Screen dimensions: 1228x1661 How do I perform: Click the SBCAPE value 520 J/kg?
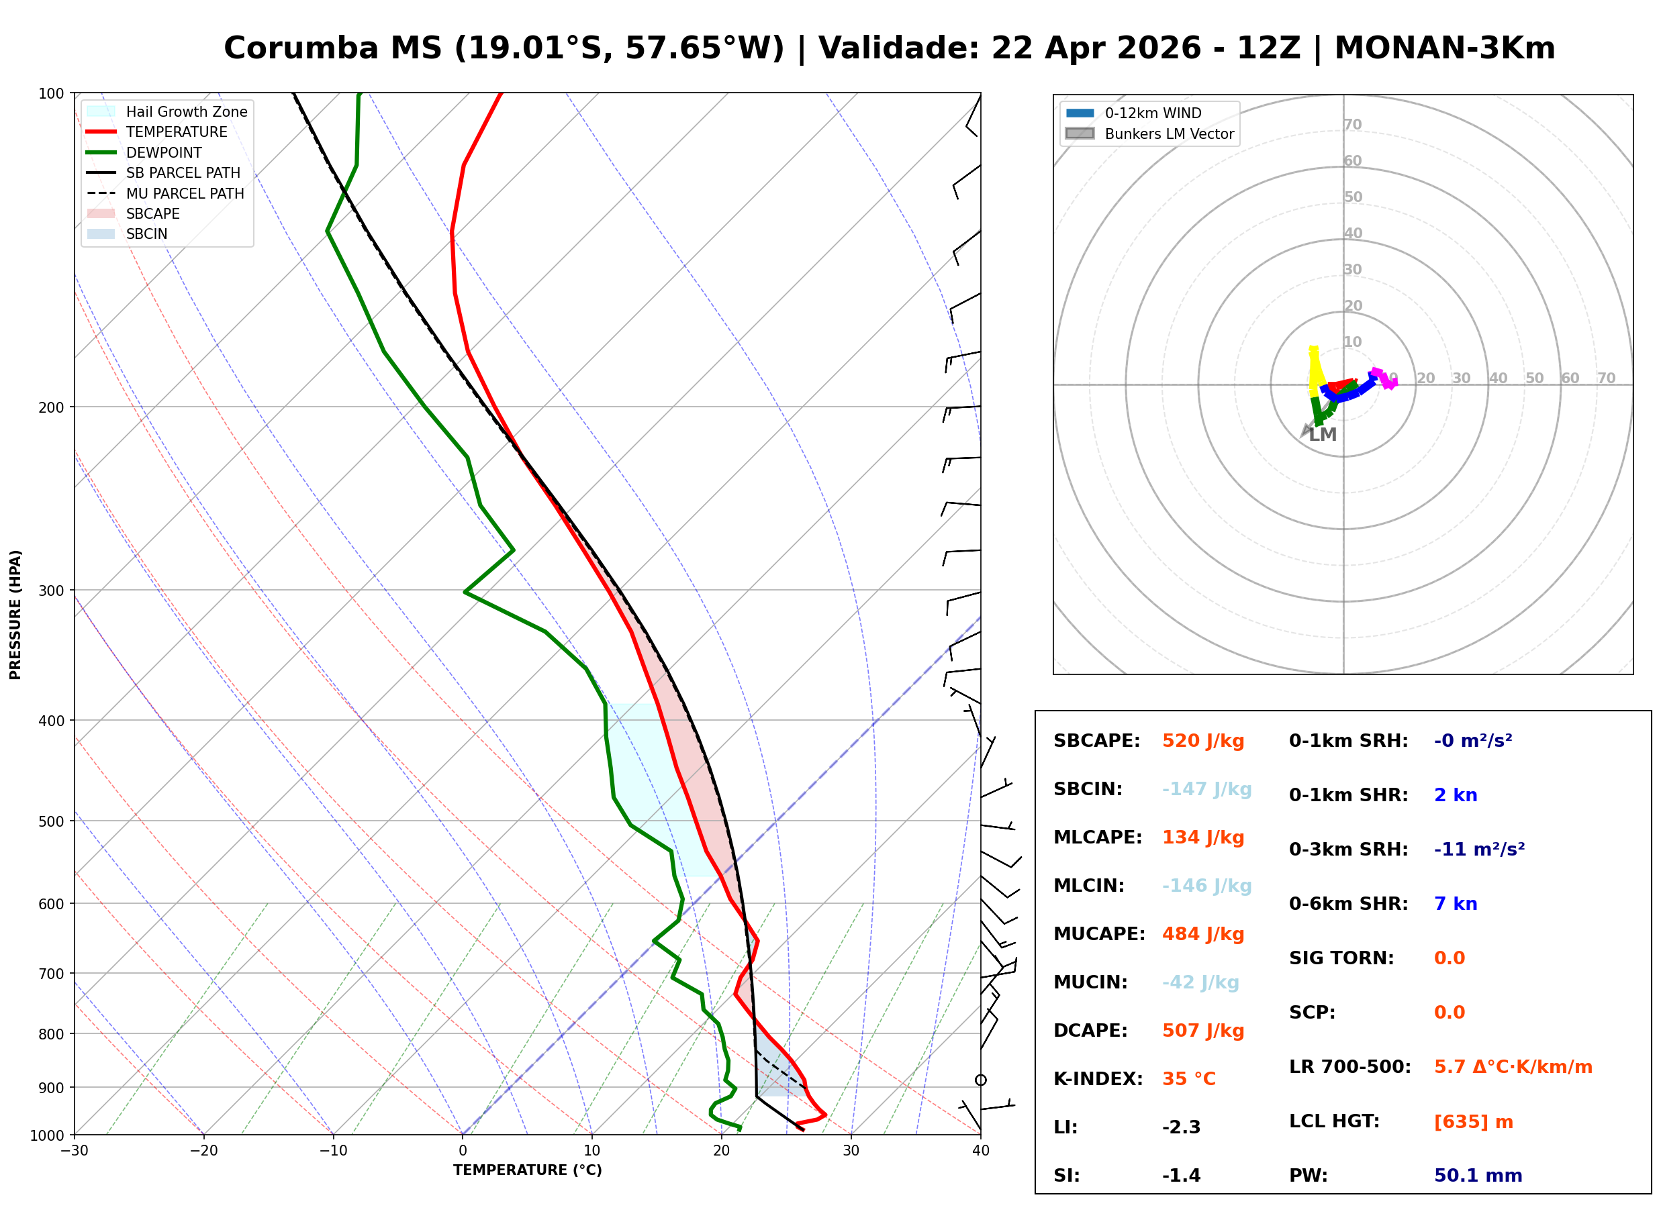pos(1202,741)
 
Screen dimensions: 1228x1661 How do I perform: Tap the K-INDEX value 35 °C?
pos(1188,1078)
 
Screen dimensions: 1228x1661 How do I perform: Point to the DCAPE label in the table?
pos(1090,1030)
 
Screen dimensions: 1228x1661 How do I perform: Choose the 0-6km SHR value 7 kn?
pos(1455,904)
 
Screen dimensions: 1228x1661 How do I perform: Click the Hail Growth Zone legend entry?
pos(186,111)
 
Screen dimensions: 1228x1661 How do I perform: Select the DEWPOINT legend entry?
pos(164,152)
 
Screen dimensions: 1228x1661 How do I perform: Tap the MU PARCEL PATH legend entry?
pos(185,193)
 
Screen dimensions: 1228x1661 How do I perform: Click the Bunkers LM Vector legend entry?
pos(1168,134)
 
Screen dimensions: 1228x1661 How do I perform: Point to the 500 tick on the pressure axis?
pos(50,821)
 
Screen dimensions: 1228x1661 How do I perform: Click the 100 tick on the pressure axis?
pos(50,94)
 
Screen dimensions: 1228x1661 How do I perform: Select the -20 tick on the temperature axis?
pos(203,1151)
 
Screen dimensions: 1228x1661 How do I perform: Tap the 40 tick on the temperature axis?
pos(980,1151)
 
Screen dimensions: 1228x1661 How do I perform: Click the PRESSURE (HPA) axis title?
pos(15,614)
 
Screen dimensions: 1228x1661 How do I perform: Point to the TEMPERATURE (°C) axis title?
pos(527,1170)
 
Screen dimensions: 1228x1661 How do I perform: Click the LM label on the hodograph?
pos(1322,435)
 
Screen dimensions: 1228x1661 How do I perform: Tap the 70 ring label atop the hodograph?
pos(1352,124)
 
